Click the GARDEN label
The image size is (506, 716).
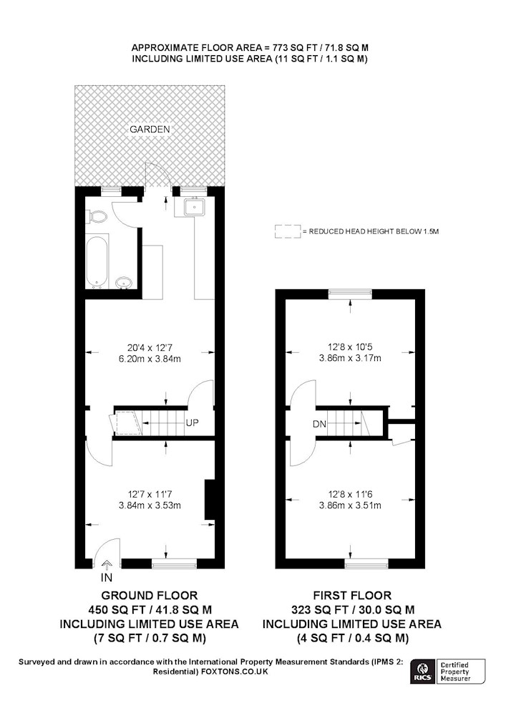pyautogui.click(x=150, y=129)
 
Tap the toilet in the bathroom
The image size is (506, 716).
pyautogui.click(x=97, y=216)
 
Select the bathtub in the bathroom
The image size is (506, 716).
pyautogui.click(x=97, y=261)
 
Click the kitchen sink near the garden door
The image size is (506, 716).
pyautogui.click(x=195, y=208)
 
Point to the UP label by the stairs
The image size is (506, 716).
pyautogui.click(x=192, y=423)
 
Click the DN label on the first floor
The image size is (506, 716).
pyautogui.click(x=319, y=424)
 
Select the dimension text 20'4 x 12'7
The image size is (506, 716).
pyautogui.click(x=150, y=347)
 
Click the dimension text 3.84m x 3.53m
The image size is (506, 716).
pyautogui.click(x=150, y=505)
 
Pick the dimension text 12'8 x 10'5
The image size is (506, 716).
pyautogui.click(x=350, y=347)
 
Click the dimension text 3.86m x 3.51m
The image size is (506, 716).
pyautogui.click(x=350, y=505)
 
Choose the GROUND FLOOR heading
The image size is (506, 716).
pyautogui.click(x=149, y=596)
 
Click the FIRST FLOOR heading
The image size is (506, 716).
pyautogui.click(x=352, y=596)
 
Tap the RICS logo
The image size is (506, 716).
pyautogui.click(x=422, y=671)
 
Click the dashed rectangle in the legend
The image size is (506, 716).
pyautogui.click(x=288, y=231)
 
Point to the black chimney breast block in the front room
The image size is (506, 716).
pyautogui.click(x=210, y=500)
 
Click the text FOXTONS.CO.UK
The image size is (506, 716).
pyautogui.click(x=235, y=672)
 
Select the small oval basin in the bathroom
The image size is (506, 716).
pyautogui.click(x=123, y=283)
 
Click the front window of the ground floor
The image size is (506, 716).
pyautogui.click(x=174, y=564)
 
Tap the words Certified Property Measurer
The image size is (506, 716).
pyautogui.click(x=455, y=672)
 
